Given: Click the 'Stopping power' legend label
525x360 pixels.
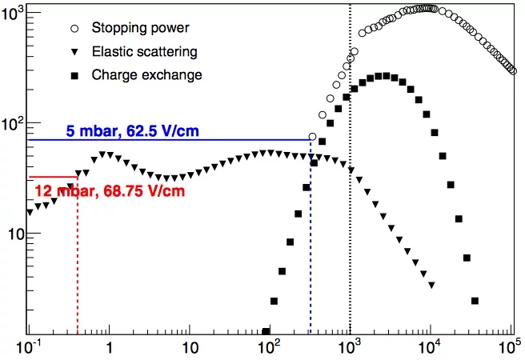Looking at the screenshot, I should click(141, 28).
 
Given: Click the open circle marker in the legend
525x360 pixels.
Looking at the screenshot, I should click(74, 28).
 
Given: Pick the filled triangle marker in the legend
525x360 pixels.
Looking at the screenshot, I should click(74, 51).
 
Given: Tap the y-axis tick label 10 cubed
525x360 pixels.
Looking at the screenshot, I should click(14, 14).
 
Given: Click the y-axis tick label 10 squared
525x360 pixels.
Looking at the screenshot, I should click(14, 124).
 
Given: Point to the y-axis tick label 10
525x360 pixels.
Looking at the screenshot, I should click(14, 234).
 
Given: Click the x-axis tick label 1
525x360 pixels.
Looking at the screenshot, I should click(109, 350).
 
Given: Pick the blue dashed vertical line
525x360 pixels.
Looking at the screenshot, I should click(311, 240).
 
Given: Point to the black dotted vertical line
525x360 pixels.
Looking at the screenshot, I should click(351, 200).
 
